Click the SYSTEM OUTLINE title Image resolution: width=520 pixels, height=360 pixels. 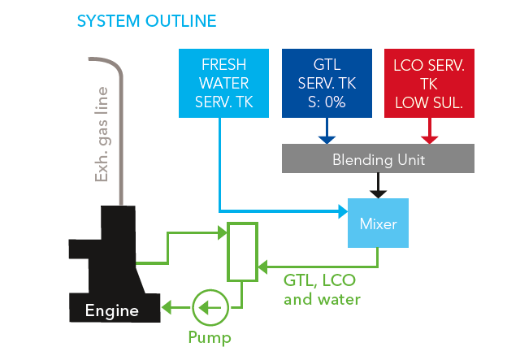tap(146, 20)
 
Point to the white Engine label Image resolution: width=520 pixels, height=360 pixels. tap(112, 310)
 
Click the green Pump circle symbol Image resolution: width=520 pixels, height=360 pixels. tap(209, 307)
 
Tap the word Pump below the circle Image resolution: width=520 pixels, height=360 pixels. tap(210, 337)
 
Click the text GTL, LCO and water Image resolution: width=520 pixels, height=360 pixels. tap(322, 289)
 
